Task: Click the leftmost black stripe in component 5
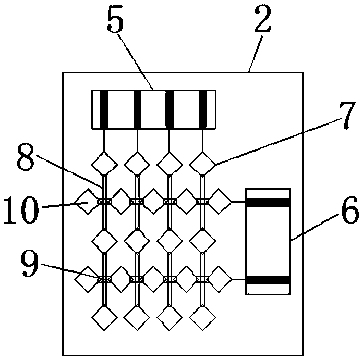point(104,109)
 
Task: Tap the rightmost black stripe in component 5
point(203,109)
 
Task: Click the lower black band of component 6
point(267,280)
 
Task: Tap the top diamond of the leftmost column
point(104,163)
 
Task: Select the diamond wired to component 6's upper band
point(221,202)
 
